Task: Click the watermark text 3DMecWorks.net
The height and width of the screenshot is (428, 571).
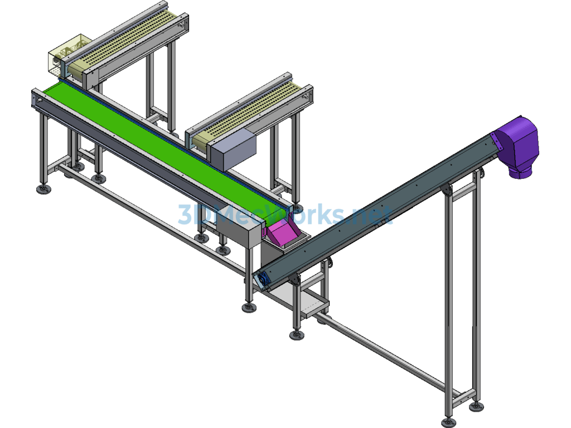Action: click(285, 215)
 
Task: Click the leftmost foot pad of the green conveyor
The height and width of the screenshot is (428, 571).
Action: click(43, 189)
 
